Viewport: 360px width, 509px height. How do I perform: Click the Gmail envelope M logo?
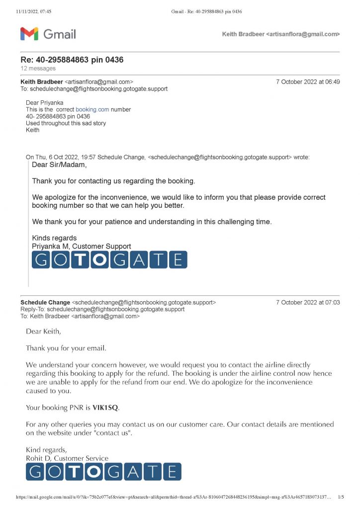click(x=29, y=34)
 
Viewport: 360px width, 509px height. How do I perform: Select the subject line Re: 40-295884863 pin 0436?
click(x=72, y=60)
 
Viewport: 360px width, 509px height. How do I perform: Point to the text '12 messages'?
click(x=38, y=68)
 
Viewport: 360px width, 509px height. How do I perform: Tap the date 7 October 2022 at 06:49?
click(x=308, y=82)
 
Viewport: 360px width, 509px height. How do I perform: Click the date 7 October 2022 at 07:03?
click(x=308, y=302)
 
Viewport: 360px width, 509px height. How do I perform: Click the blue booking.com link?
click(x=92, y=109)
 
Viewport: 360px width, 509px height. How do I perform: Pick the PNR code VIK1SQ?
click(x=105, y=408)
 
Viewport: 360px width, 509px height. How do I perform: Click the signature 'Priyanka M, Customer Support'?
click(x=82, y=246)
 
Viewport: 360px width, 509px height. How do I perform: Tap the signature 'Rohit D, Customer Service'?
click(x=67, y=458)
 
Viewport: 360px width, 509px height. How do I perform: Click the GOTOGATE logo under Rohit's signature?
click(x=103, y=472)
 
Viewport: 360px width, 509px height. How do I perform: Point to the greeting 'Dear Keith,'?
click(x=44, y=331)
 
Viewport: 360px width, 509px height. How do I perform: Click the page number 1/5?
click(x=341, y=497)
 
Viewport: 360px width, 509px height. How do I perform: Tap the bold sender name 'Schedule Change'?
click(x=45, y=302)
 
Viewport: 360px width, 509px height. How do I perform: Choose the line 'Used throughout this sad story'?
click(x=66, y=123)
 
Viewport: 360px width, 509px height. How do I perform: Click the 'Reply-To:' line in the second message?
click(x=102, y=309)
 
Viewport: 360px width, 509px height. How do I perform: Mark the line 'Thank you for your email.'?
click(x=66, y=348)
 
